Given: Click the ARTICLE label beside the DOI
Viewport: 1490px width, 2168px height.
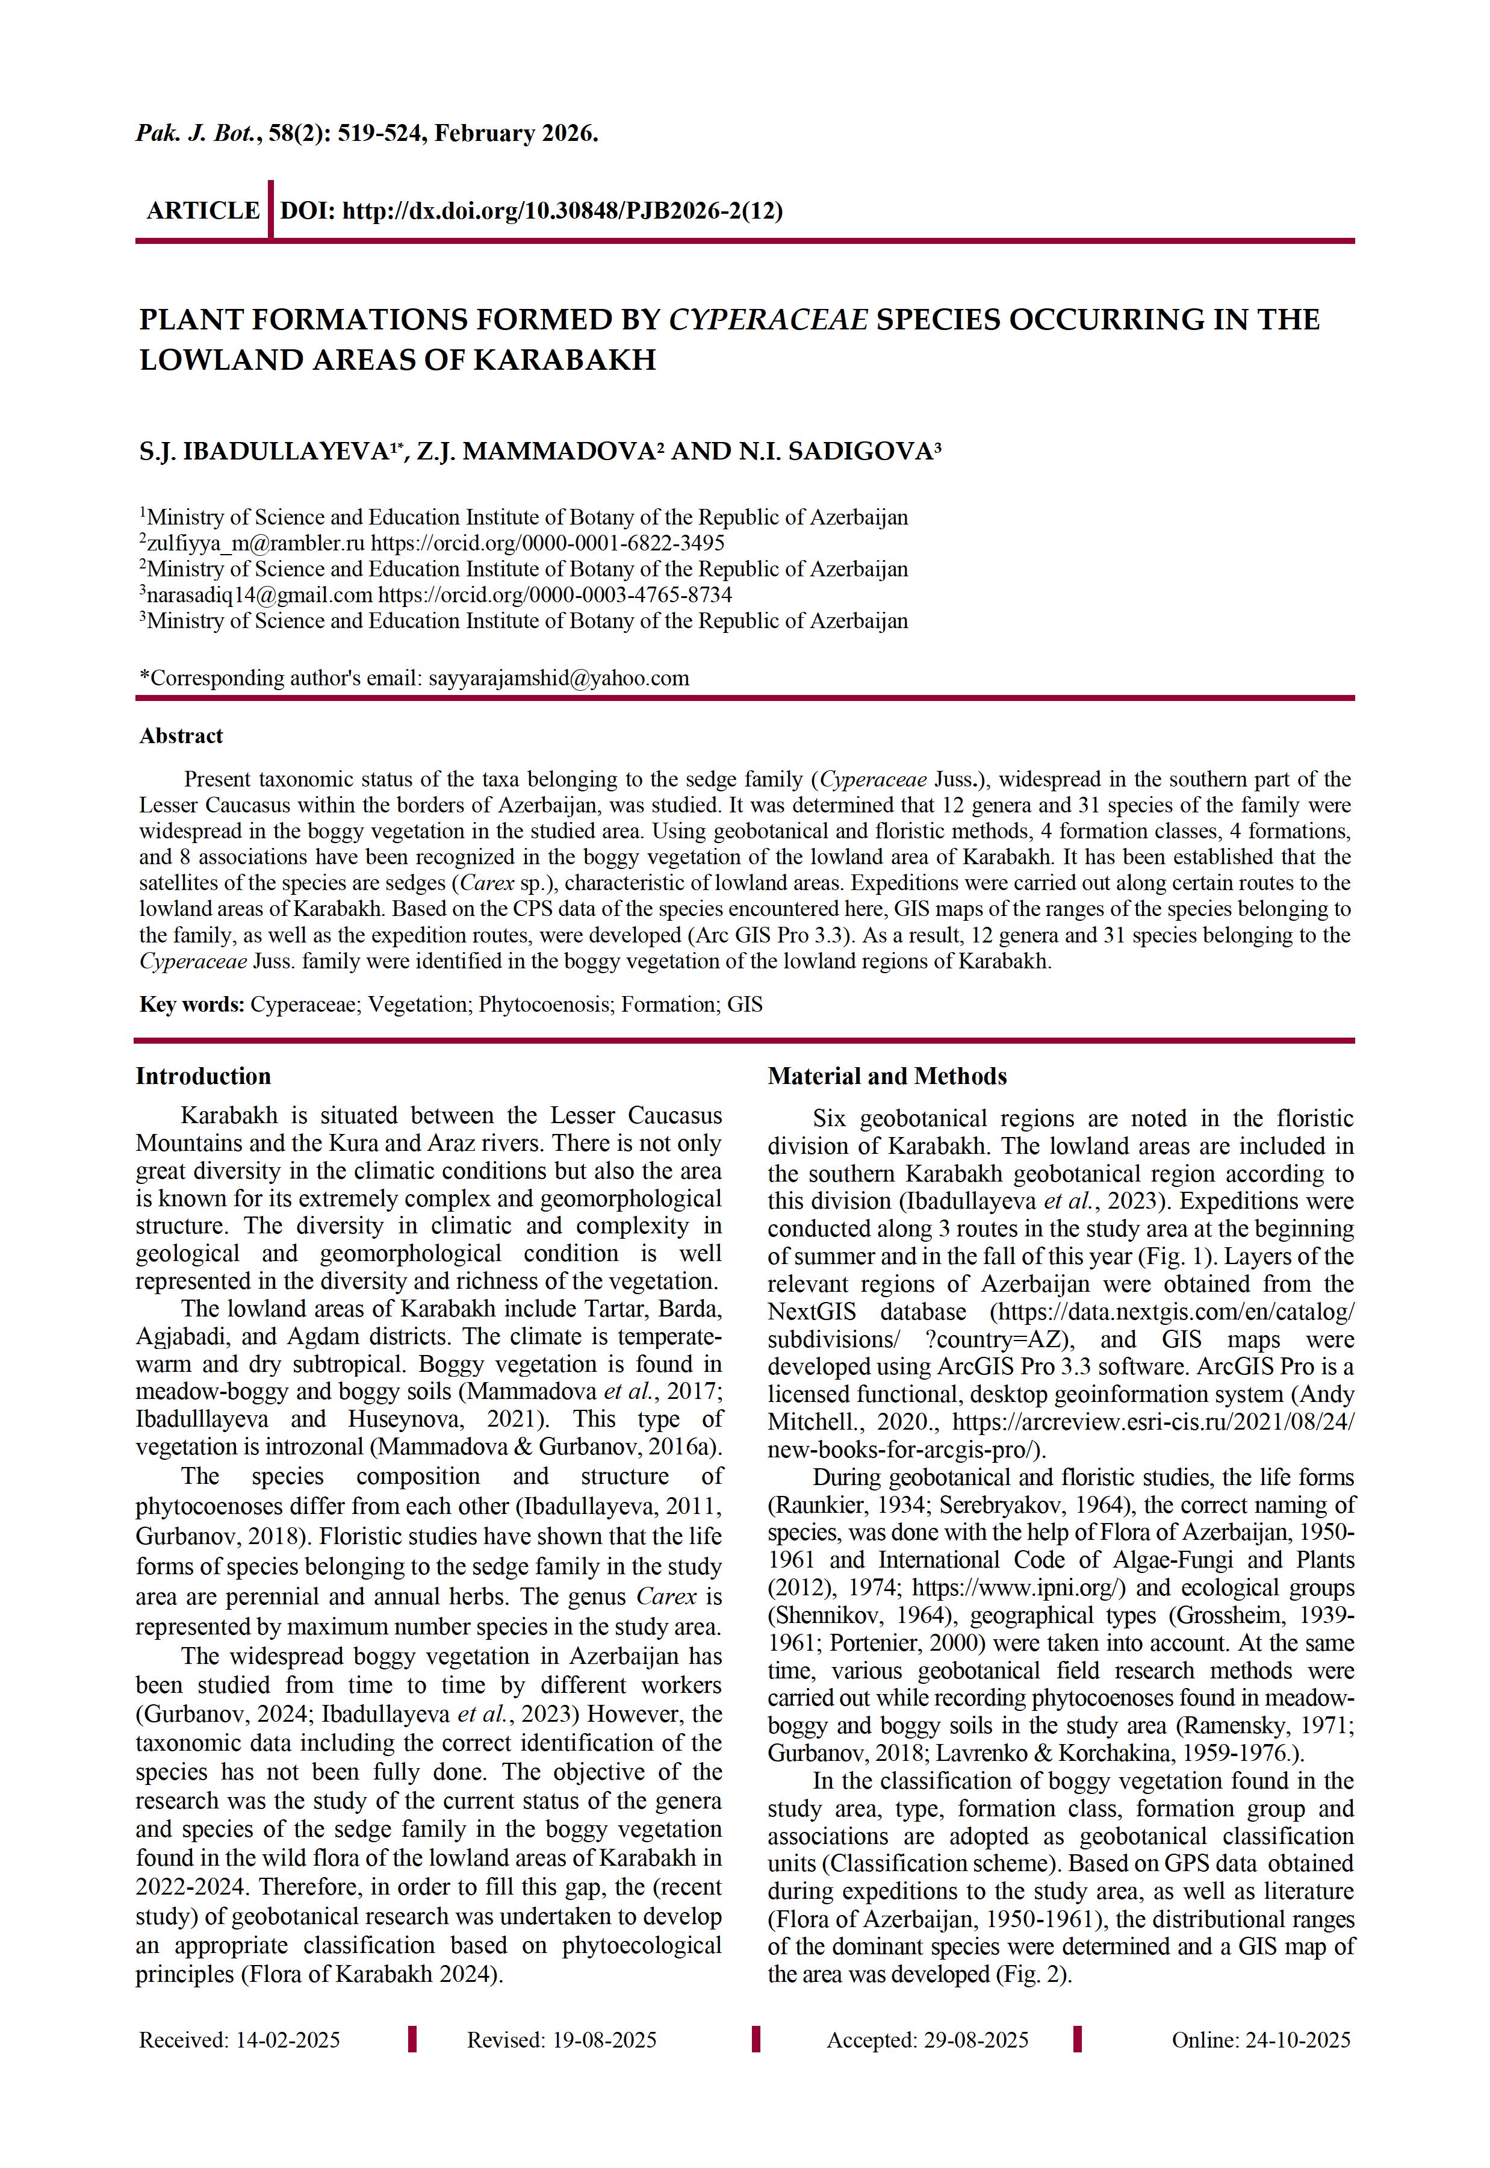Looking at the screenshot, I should point(203,211).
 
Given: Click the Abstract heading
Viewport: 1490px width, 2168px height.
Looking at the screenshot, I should point(181,736).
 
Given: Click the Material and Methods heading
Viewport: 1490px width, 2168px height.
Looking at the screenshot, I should point(887,1077).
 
